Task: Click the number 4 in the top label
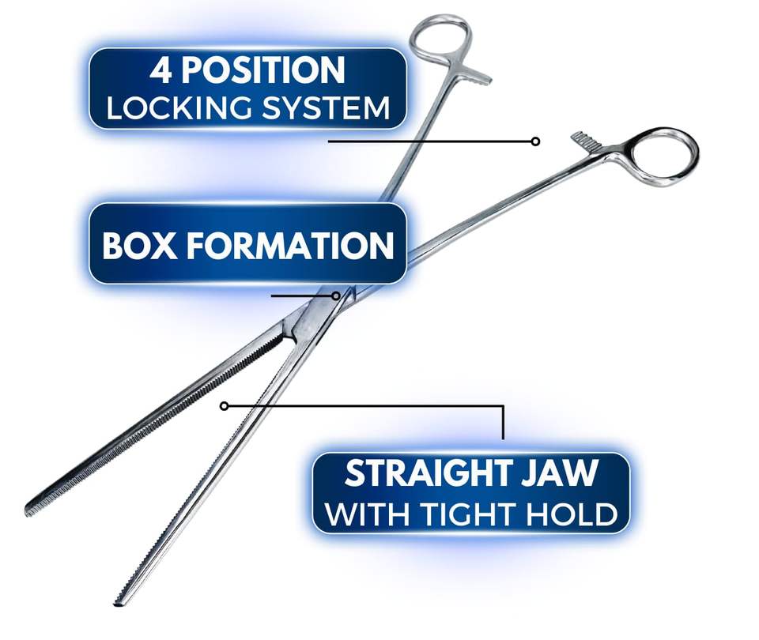click(x=161, y=71)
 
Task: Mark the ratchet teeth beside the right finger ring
click(x=586, y=141)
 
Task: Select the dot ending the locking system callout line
click(x=535, y=141)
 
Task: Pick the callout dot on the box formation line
click(x=337, y=296)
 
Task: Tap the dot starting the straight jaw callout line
click(x=224, y=405)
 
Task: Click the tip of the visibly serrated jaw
click(x=29, y=510)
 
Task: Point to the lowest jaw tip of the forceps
click(x=118, y=603)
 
